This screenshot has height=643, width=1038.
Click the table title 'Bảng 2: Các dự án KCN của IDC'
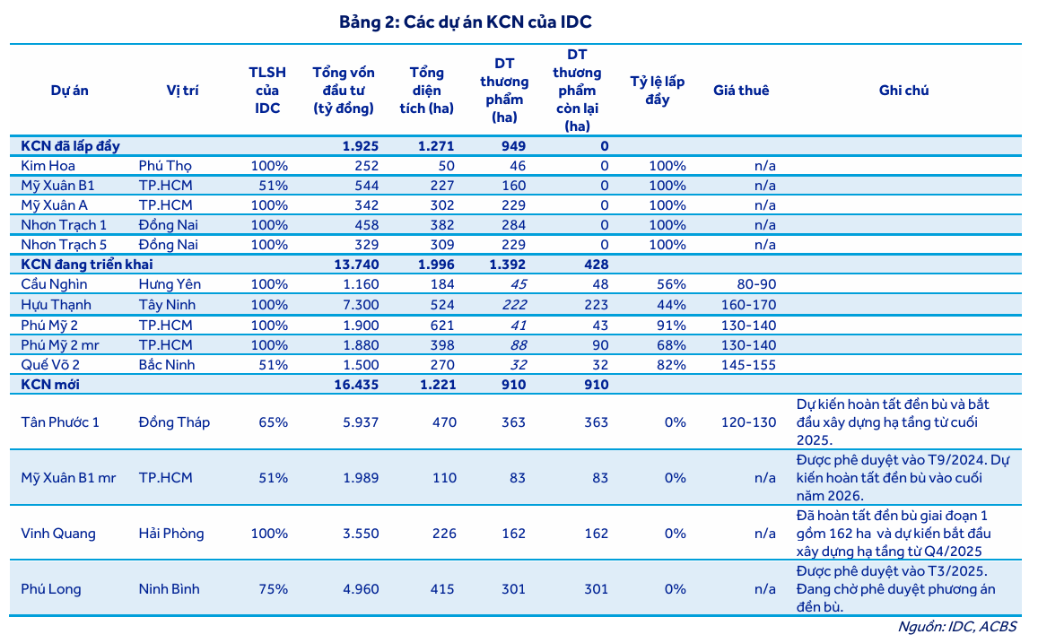(465, 22)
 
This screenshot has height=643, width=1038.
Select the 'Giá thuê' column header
(741, 91)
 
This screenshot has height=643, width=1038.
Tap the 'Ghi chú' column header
(903, 91)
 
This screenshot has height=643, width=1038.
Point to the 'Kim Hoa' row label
(48, 166)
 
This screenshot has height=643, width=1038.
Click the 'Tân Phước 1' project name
(60, 422)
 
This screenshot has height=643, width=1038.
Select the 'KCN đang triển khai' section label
(88, 265)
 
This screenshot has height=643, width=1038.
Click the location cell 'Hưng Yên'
(170, 284)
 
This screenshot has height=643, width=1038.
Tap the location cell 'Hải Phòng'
(171, 534)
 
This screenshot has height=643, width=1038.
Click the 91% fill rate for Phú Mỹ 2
(670, 325)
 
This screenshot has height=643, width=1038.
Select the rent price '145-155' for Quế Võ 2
(748, 365)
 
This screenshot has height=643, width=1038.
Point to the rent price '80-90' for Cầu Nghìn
(755, 284)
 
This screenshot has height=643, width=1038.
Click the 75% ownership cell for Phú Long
(273, 589)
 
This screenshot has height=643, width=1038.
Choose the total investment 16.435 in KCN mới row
(358, 385)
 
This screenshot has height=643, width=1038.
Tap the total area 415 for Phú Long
(443, 589)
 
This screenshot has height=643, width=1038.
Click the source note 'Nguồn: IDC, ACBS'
(956, 627)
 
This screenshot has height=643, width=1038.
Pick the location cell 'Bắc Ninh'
(167, 365)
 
